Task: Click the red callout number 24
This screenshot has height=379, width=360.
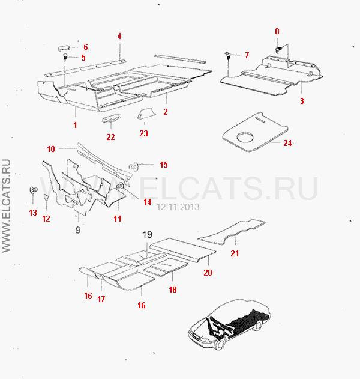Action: (x=287, y=143)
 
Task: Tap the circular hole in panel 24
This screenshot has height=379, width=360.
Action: (x=245, y=138)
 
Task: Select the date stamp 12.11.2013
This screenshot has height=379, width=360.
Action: (x=178, y=207)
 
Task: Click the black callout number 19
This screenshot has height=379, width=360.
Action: (x=147, y=234)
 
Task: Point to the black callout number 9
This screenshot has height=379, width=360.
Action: (x=78, y=230)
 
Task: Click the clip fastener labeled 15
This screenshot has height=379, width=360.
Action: (x=133, y=166)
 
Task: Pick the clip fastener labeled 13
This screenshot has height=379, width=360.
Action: (x=33, y=190)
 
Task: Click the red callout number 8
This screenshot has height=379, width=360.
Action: (x=277, y=31)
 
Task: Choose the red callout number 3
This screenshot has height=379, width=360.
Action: (x=302, y=101)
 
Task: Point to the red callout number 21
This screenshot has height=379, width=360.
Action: (x=235, y=253)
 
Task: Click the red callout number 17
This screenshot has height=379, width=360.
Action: (x=101, y=299)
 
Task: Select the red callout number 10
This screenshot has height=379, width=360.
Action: (x=51, y=149)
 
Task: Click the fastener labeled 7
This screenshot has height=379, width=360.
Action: (x=227, y=55)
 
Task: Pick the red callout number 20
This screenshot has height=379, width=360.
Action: (x=208, y=273)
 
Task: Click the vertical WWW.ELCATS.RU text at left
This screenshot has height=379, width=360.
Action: (x=6, y=206)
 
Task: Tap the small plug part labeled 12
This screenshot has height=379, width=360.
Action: (x=46, y=197)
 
